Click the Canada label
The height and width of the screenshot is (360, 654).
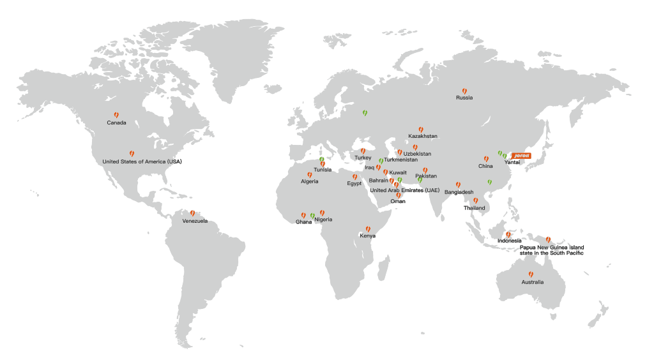[x=116, y=123]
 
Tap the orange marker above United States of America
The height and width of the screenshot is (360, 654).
[x=132, y=154]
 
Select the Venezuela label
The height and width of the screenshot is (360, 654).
[x=195, y=221]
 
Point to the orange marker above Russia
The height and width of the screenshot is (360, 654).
[x=464, y=91]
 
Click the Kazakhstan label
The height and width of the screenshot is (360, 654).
[x=423, y=136]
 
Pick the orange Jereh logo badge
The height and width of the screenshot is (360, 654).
[x=522, y=155]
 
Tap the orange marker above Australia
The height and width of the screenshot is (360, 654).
[x=531, y=274]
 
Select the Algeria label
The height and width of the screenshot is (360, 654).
[x=309, y=182]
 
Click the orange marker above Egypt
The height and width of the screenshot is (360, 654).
[x=354, y=177]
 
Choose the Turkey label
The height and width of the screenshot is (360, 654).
[x=363, y=158]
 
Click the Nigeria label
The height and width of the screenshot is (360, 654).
[x=324, y=220]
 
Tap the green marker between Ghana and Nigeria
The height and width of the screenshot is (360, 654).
[x=312, y=216]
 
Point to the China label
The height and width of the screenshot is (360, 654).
[x=485, y=166]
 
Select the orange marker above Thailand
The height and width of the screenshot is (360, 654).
[x=475, y=200]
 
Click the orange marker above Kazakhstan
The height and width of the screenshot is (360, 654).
[x=421, y=129]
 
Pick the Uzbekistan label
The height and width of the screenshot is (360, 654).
[x=417, y=154]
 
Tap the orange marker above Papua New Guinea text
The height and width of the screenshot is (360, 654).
[x=548, y=239]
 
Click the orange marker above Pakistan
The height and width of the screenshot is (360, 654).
[x=425, y=170]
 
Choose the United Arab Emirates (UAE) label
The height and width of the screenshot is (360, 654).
[x=405, y=190]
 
